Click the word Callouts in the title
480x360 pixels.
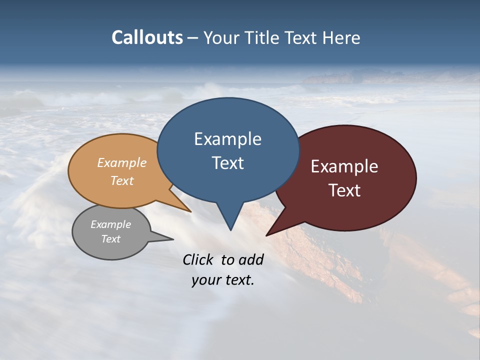tap(147, 37)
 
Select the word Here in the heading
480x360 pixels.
tap(341, 37)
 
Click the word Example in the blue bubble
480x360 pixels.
tap(227, 139)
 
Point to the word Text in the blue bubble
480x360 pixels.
tap(227, 163)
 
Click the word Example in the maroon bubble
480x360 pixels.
tap(344, 166)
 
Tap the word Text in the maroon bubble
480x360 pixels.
tap(344, 190)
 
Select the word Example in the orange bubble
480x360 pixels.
tap(122, 163)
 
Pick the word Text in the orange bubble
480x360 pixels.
tap(122, 180)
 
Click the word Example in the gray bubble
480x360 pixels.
tap(110, 224)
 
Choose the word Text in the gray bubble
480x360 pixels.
tap(110, 239)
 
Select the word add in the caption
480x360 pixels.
tap(251, 259)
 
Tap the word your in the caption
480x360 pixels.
tap(206, 280)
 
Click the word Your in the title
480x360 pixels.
tap(221, 37)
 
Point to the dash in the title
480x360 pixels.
tap(193, 38)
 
